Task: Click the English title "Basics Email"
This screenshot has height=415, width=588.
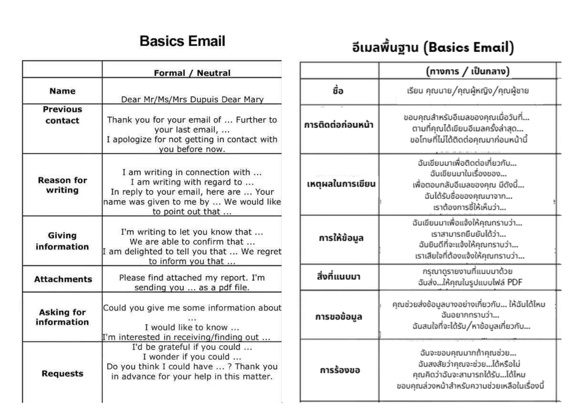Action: click(x=182, y=42)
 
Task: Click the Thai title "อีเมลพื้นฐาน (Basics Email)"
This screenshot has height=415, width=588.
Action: click(x=432, y=47)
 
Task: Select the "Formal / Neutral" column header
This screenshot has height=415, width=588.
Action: click(x=192, y=73)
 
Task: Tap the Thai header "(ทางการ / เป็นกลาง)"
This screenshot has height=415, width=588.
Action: click(x=467, y=72)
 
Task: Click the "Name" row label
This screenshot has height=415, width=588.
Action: click(x=62, y=91)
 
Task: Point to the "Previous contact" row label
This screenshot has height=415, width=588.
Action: click(x=62, y=115)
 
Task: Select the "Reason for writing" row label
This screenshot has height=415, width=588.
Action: click(x=62, y=185)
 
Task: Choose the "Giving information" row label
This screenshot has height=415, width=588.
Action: click(x=62, y=241)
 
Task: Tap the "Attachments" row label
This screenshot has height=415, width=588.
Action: click(x=62, y=279)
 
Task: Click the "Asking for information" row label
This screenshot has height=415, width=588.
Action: click(x=62, y=317)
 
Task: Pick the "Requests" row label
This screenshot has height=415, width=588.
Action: click(x=62, y=373)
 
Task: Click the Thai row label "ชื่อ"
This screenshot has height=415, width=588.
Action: click(x=338, y=91)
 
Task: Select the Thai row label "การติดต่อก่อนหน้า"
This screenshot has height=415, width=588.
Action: click(x=338, y=125)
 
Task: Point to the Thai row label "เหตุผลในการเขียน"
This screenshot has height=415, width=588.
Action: click(x=341, y=184)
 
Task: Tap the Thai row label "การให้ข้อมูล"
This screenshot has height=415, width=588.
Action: click(x=338, y=239)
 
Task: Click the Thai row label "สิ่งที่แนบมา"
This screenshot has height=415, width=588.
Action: click(x=338, y=277)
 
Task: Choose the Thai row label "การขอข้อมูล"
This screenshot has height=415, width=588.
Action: click(x=338, y=316)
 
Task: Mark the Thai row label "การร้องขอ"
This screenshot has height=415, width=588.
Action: click(x=339, y=370)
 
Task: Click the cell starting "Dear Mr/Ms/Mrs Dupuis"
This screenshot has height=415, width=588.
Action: click(x=191, y=98)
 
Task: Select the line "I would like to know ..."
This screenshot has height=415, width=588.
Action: click(x=191, y=327)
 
